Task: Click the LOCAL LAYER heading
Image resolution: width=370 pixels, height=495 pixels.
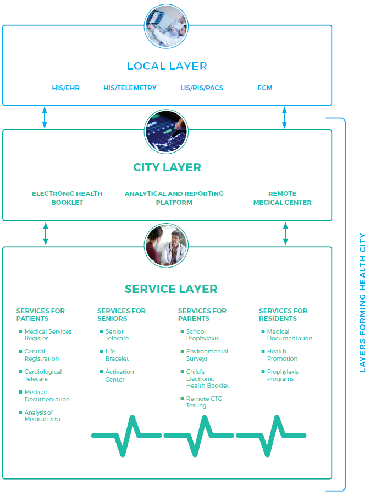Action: (167, 66)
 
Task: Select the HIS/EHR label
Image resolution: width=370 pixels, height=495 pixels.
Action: (65, 88)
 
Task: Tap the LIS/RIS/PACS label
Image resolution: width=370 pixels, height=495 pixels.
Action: (202, 88)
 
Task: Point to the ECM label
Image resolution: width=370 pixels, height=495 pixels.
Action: (265, 88)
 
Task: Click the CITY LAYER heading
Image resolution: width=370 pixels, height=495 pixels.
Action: (167, 167)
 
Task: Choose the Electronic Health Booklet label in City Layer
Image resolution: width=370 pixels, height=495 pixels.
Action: (67, 198)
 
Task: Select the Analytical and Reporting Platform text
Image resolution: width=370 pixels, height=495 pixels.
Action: (174, 198)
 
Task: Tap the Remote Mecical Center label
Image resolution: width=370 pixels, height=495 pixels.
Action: (282, 198)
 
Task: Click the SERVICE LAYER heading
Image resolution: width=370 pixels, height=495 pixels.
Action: (171, 289)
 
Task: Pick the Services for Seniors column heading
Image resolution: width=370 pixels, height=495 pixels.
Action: (122, 315)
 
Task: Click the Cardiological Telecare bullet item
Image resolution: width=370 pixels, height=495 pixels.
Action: (43, 376)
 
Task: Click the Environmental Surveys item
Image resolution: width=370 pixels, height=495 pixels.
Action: (207, 355)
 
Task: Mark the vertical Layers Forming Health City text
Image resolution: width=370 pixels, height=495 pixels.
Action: (362, 303)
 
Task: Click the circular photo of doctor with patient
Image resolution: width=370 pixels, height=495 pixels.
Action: (166, 245)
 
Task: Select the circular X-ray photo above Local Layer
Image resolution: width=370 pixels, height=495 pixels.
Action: (166, 26)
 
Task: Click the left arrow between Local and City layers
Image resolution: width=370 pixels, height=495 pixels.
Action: (45, 118)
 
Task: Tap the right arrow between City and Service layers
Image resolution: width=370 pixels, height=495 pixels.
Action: (285, 233)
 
